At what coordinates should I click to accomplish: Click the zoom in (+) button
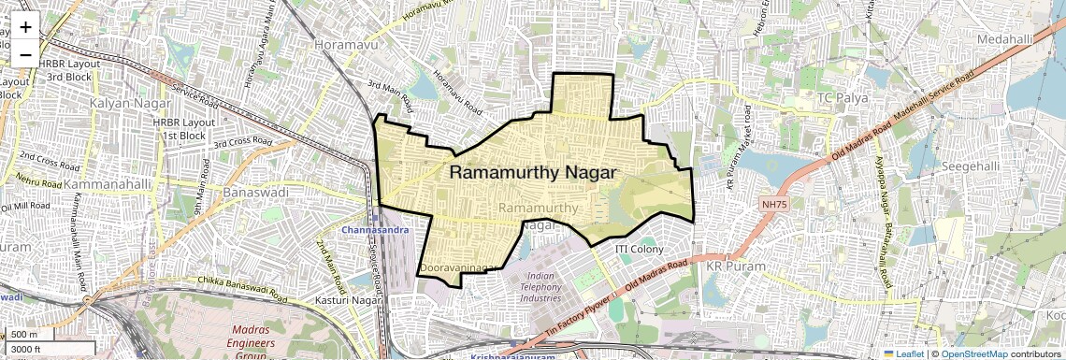click(x=25, y=27)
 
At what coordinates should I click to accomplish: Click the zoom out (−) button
click(x=25, y=54)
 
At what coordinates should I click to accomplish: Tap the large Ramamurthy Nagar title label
click(x=533, y=173)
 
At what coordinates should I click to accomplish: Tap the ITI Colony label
click(x=639, y=250)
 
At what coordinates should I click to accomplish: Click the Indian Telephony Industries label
click(x=540, y=287)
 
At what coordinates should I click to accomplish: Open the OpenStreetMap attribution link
click(x=973, y=353)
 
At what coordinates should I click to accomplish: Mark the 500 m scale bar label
click(x=25, y=335)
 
